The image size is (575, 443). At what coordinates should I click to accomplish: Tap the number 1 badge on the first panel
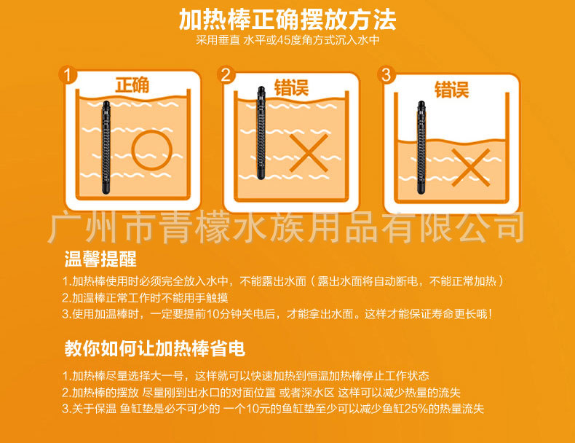(68, 75)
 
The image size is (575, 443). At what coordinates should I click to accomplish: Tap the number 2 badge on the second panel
(226, 75)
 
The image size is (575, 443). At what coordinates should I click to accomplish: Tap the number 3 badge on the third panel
(386, 75)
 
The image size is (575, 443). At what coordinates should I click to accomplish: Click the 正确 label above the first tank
(132, 85)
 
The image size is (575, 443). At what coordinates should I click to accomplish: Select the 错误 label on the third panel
(451, 90)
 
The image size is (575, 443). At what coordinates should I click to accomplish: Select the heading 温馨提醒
(100, 260)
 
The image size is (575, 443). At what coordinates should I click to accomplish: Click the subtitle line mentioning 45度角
(287, 40)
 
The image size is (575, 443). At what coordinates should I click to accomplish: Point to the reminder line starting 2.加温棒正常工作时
(146, 298)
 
